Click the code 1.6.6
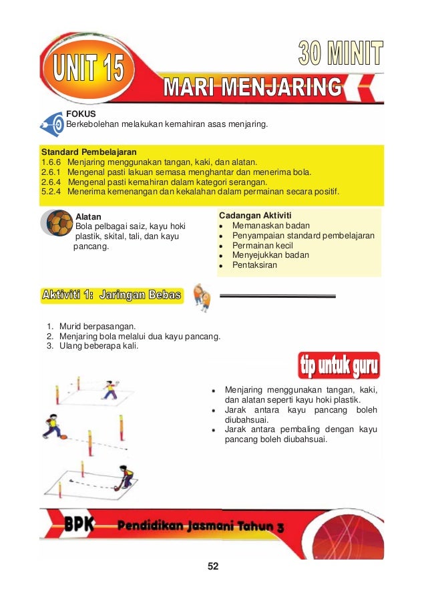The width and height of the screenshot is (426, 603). [51, 162]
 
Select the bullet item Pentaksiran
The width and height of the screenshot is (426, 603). [254, 265]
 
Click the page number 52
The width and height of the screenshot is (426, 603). [213, 566]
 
